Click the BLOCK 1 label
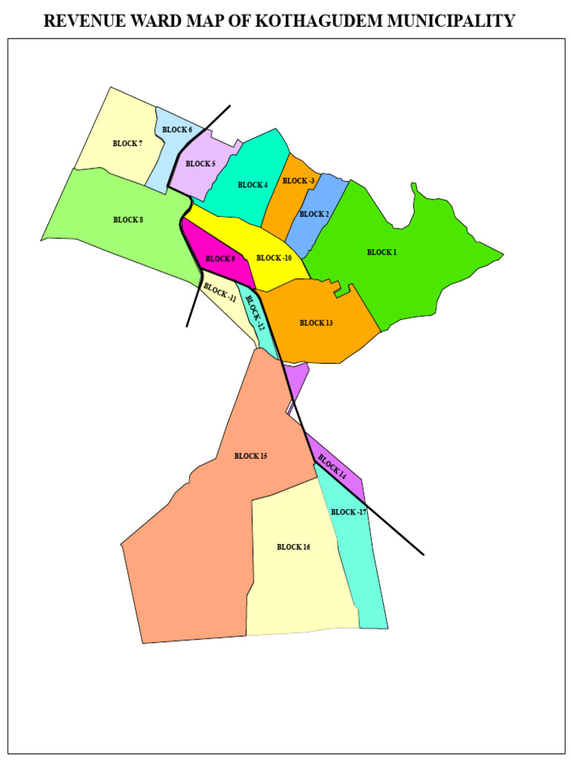[x=381, y=252]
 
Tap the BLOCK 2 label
[x=314, y=214]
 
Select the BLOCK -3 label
[x=298, y=181]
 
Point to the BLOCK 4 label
[x=252, y=185]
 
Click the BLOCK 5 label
[x=200, y=164]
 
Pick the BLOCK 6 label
[x=177, y=130]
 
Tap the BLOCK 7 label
[x=128, y=144]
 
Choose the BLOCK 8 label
[x=128, y=220]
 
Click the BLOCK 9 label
[x=220, y=259]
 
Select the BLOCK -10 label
[x=274, y=258]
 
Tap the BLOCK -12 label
[x=255, y=312]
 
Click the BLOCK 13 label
[x=316, y=323]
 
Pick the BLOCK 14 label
[x=332, y=465]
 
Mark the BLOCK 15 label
[x=250, y=456]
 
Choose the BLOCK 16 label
[x=293, y=547]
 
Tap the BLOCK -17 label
[x=349, y=512]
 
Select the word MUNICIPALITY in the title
[x=451, y=21]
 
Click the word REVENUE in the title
[x=80, y=21]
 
